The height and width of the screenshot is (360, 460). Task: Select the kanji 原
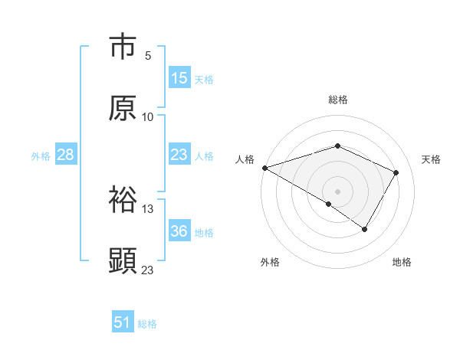click(123, 108)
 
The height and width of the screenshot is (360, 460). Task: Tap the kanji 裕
click(123, 200)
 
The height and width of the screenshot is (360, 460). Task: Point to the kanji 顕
click(123, 261)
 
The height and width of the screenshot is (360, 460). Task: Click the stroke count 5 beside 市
click(148, 56)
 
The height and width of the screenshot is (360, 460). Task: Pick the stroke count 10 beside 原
click(148, 117)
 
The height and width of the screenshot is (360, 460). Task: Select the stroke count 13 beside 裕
click(148, 209)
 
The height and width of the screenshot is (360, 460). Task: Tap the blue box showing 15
click(179, 78)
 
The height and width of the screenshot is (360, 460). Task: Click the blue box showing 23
click(179, 155)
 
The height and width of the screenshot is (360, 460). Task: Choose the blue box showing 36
click(179, 231)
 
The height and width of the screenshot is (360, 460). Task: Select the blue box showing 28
click(66, 155)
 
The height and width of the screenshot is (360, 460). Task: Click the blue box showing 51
click(123, 322)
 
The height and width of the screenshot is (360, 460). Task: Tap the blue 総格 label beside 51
click(147, 324)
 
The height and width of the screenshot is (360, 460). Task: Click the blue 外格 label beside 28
click(41, 156)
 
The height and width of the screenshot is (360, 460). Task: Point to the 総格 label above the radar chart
click(338, 100)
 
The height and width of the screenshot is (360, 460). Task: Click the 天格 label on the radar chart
click(432, 159)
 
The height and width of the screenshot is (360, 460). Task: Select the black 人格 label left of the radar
click(245, 159)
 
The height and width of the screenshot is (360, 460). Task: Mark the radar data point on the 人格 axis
click(264, 168)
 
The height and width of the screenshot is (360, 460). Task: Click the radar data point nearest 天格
click(396, 172)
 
